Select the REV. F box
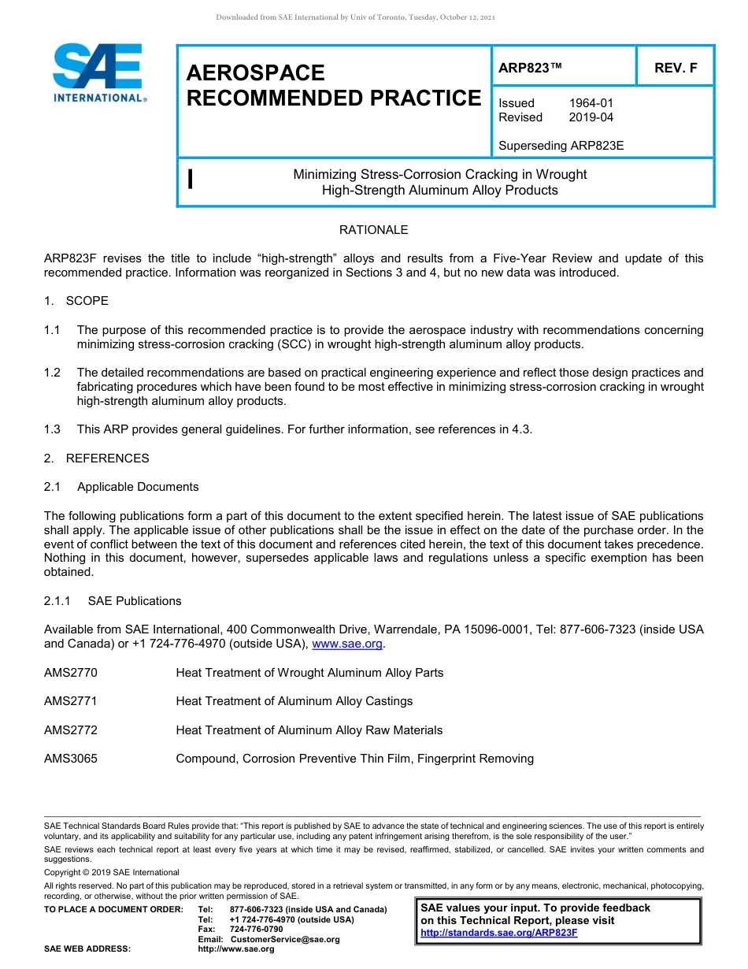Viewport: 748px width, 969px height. [x=676, y=68]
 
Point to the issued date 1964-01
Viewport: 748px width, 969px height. [x=591, y=103]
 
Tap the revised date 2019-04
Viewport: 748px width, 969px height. [x=591, y=117]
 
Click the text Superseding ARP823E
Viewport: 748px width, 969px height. [x=561, y=145]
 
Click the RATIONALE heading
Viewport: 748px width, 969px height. [x=373, y=230]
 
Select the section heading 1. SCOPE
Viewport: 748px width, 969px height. [x=76, y=301]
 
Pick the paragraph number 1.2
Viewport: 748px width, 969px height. [x=52, y=373]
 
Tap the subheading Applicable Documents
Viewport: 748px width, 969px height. [x=138, y=487]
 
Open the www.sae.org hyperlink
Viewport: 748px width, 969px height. [x=347, y=644]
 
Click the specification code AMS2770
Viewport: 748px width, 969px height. [x=71, y=673]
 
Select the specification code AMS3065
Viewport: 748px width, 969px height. [x=71, y=759]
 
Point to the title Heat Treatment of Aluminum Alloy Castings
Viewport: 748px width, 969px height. [x=294, y=701]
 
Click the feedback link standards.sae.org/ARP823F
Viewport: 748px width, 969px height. [x=499, y=933]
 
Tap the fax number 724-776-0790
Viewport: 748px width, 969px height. [x=256, y=930]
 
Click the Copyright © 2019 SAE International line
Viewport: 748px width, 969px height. [x=112, y=872]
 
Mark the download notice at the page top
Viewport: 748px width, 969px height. [x=355, y=17]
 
